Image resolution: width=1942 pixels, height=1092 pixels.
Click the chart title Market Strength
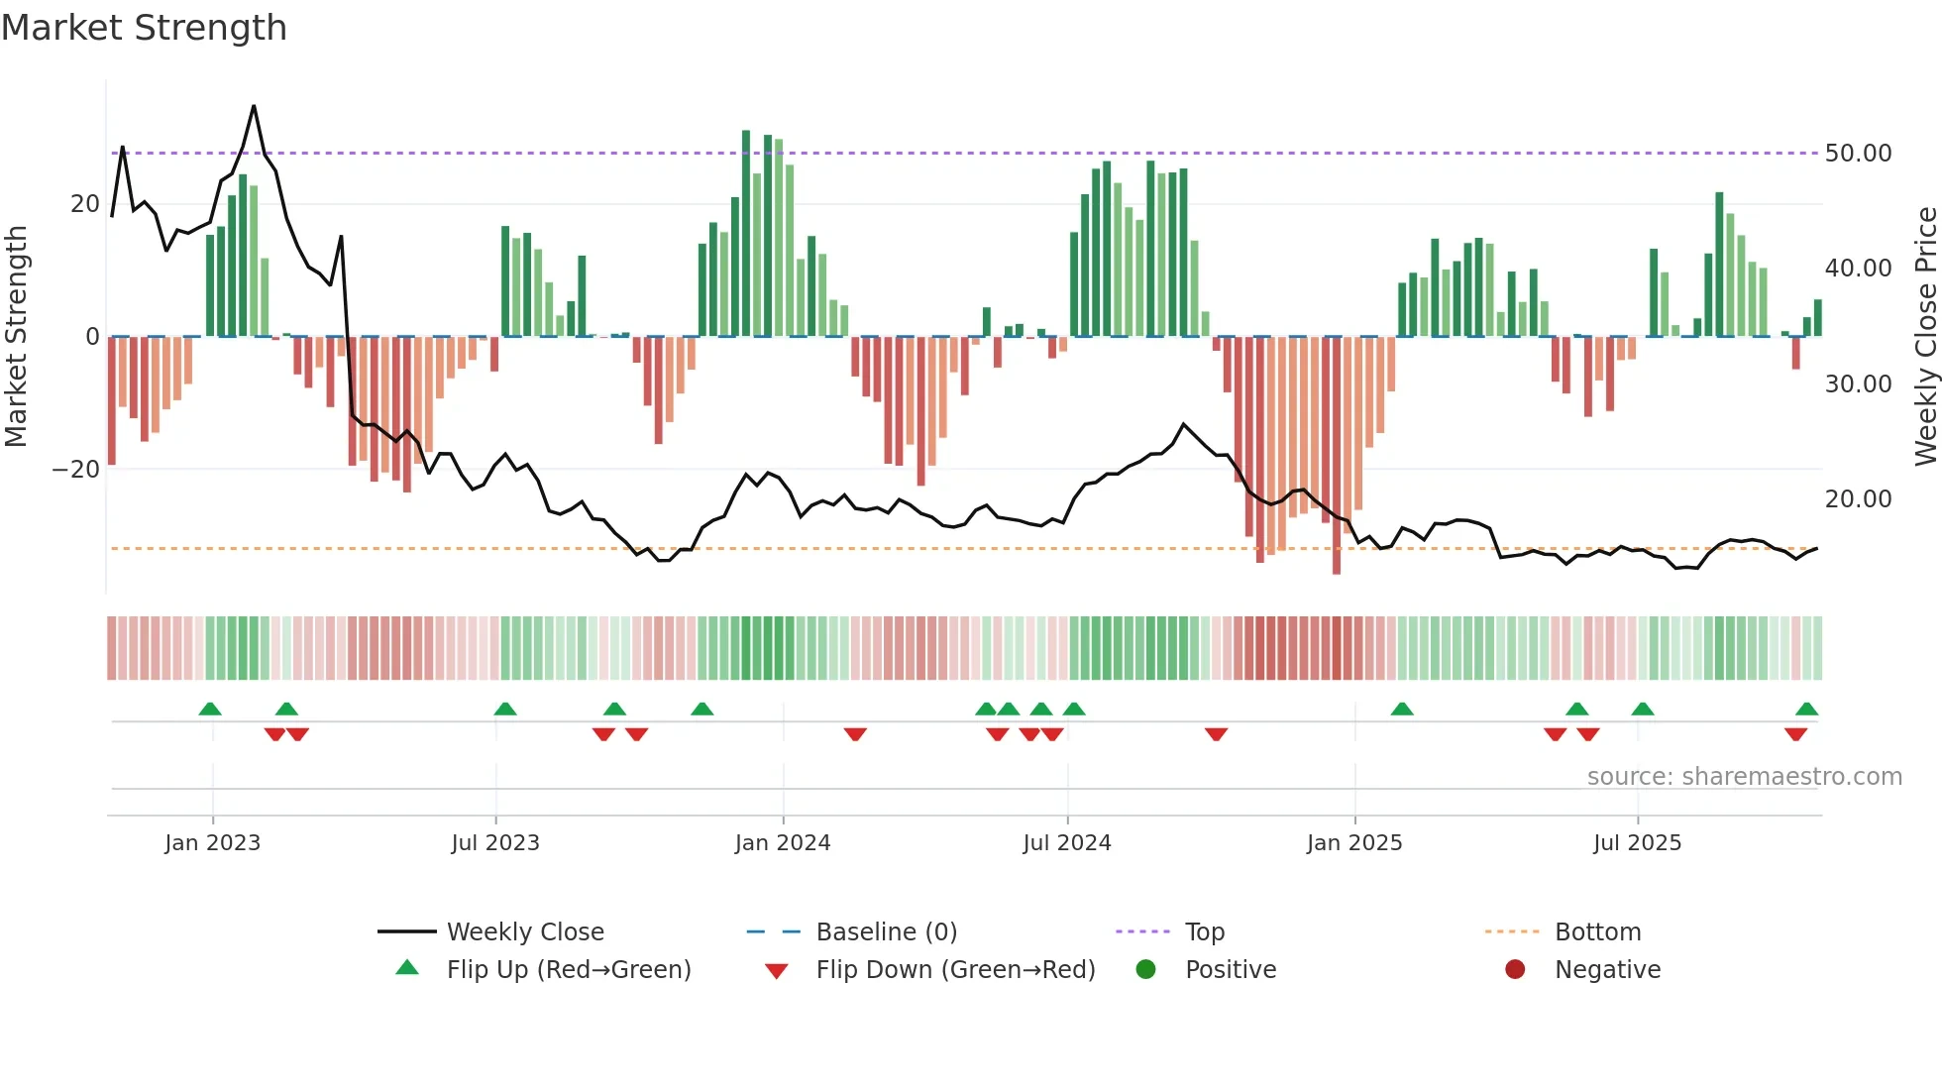(x=144, y=28)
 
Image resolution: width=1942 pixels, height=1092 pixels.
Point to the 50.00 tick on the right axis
(x=1858, y=154)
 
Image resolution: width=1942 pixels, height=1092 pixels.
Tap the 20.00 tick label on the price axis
(x=1858, y=499)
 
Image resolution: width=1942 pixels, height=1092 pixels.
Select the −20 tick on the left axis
(x=76, y=470)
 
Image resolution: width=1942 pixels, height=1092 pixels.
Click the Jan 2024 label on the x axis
(x=782, y=843)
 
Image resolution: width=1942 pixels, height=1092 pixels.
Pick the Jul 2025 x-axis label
(x=1637, y=843)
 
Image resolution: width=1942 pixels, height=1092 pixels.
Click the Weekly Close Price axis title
(x=1925, y=337)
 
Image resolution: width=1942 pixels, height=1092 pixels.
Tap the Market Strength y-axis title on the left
(x=16, y=337)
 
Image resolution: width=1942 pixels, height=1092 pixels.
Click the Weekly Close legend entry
(x=524, y=932)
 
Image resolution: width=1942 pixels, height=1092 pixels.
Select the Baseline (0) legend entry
(x=886, y=932)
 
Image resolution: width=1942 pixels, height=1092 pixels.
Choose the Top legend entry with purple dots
(x=1204, y=932)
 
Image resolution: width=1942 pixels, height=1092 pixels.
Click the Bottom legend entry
(x=1597, y=932)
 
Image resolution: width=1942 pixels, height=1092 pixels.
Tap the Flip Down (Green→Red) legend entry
(x=954, y=970)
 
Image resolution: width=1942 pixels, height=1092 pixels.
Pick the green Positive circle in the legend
(x=1145, y=970)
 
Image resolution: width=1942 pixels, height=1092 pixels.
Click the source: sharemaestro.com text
(x=1744, y=777)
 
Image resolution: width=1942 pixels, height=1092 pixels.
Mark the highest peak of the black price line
(x=254, y=107)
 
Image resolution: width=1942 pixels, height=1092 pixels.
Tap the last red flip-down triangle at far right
(x=1795, y=734)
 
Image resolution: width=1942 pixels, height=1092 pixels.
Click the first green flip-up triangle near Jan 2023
(x=210, y=709)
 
